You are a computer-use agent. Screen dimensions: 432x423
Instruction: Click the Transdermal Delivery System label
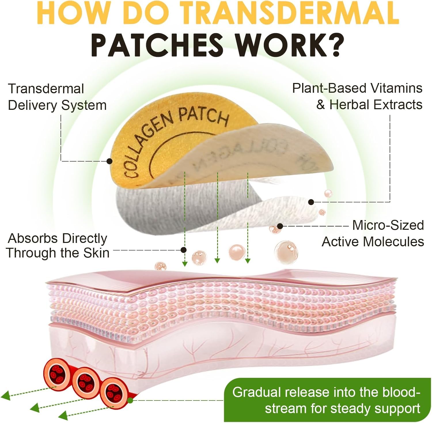point(57,97)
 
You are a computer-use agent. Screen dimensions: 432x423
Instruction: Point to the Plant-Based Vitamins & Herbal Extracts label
point(357,96)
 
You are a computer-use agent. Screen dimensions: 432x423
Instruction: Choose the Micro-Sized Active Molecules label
point(373,233)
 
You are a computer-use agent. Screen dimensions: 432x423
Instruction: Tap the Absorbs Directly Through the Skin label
point(58,246)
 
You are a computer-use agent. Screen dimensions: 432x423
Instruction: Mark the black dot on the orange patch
point(109,161)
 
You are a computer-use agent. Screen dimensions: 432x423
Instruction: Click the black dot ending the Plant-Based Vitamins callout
point(311,202)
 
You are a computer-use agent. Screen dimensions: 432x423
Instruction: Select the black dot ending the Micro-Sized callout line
point(280,226)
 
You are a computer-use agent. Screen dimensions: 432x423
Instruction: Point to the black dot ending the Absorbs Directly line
point(183,250)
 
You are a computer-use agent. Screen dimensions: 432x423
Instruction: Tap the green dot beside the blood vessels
point(130,400)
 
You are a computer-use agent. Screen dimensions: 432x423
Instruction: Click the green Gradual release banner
point(328,400)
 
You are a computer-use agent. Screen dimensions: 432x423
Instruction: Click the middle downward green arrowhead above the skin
point(217,260)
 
